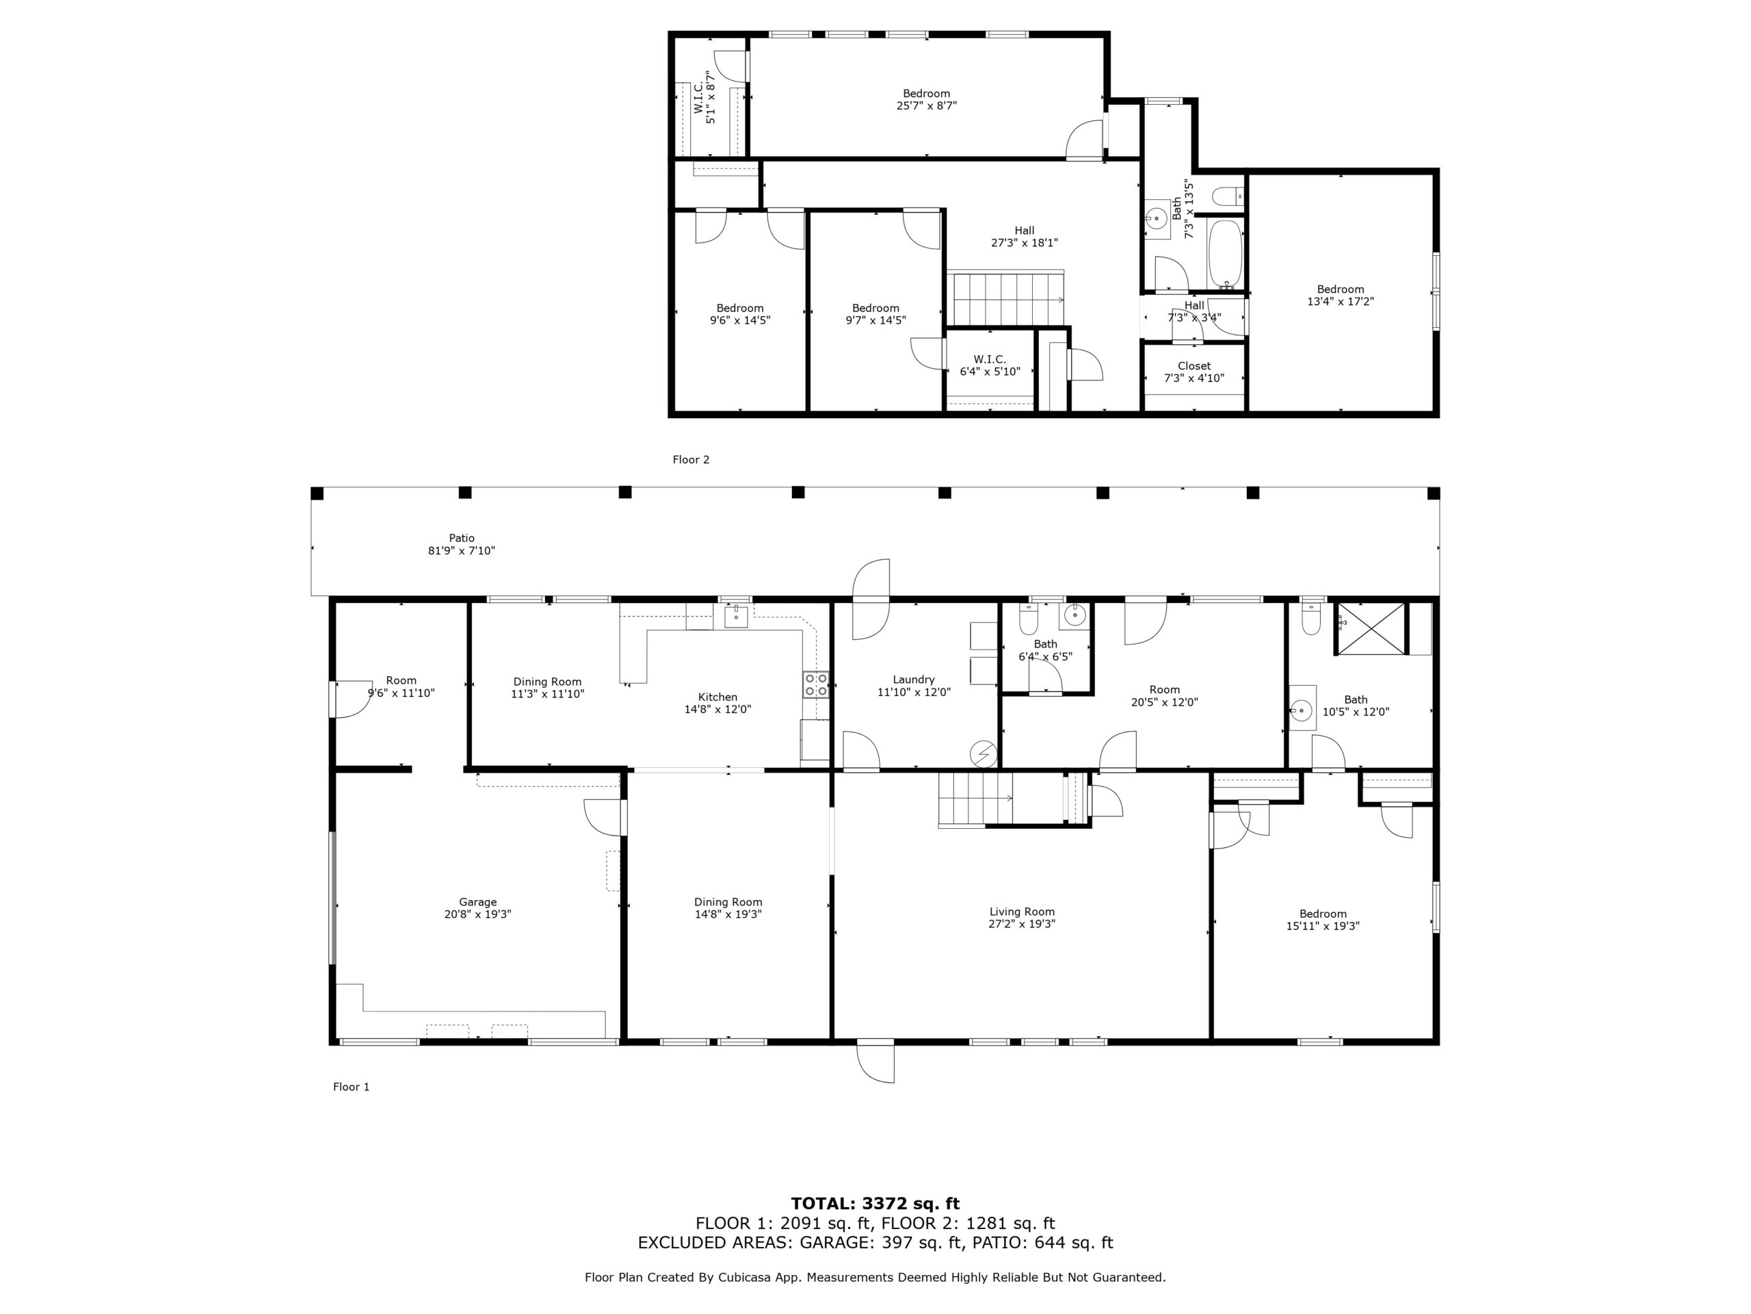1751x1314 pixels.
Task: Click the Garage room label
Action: [477, 901]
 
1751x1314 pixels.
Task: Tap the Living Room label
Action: [1021, 911]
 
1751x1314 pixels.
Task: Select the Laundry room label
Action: [914, 680]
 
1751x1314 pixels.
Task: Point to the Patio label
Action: [462, 538]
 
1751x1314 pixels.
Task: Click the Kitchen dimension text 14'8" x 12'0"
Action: [717, 709]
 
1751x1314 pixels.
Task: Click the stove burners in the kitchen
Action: [816, 684]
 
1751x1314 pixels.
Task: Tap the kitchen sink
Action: [736, 615]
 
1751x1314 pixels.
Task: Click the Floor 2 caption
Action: [690, 459]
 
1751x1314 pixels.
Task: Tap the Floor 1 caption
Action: [351, 1087]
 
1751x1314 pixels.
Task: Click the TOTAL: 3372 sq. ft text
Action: [875, 1204]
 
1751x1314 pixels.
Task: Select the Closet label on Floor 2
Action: [1194, 366]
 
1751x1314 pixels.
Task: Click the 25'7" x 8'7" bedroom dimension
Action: [926, 105]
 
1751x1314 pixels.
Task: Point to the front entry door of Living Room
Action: [875, 1061]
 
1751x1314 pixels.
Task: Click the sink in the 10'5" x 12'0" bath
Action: [1302, 708]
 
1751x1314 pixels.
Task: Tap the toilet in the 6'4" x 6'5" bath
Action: [1028, 619]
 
